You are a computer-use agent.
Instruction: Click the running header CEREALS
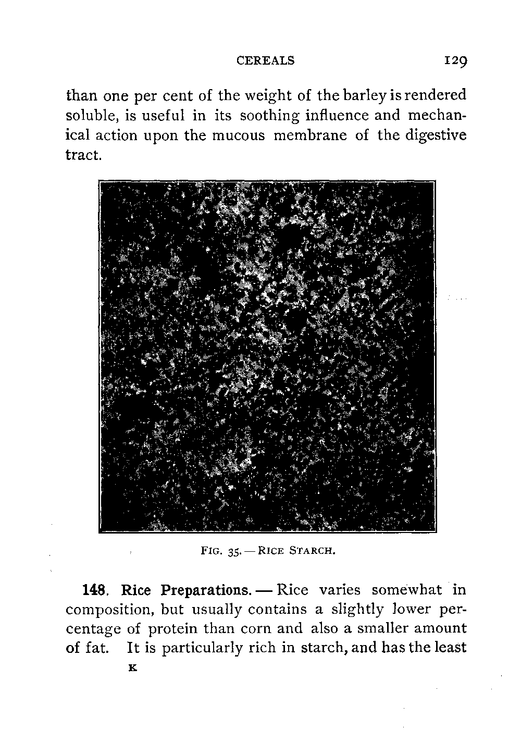point(265,60)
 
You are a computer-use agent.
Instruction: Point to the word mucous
point(239,135)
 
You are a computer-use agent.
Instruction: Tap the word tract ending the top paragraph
point(82,155)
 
